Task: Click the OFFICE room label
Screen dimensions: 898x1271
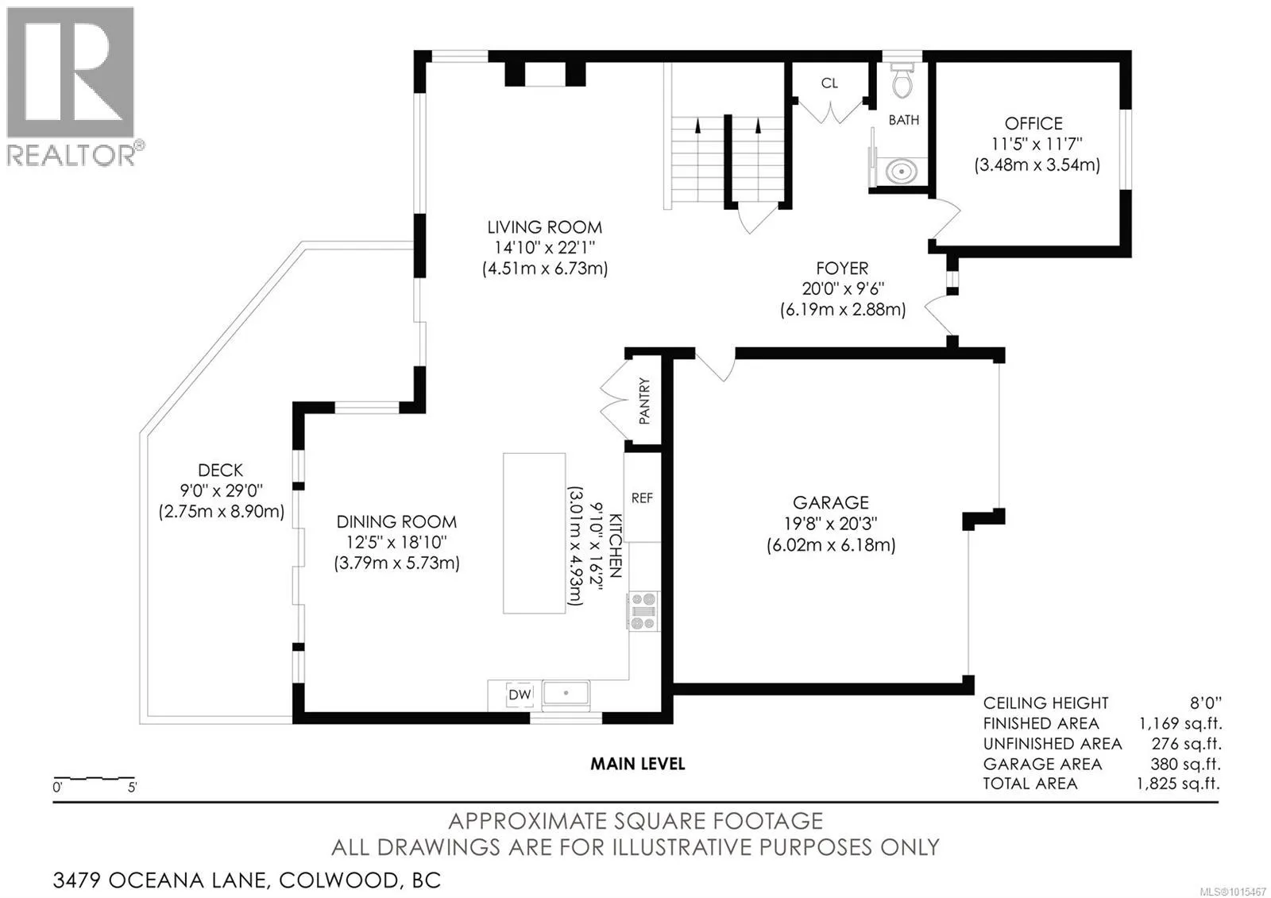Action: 1033,124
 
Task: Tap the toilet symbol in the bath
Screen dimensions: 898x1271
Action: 902,79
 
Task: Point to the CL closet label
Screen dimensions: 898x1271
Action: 829,83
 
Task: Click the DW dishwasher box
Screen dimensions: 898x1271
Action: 520,695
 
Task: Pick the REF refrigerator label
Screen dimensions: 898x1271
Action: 642,498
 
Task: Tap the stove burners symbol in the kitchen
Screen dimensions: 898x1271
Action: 643,611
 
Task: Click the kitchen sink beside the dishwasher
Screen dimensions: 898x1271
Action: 566,694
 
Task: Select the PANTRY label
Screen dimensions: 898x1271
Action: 644,401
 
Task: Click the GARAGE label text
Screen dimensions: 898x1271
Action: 831,503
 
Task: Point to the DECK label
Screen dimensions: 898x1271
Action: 221,470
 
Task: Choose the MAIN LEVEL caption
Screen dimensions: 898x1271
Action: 637,764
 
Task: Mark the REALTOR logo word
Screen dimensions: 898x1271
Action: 71,155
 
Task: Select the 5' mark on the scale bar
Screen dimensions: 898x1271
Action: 132,788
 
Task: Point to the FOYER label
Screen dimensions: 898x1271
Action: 842,269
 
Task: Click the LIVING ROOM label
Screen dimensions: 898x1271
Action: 545,227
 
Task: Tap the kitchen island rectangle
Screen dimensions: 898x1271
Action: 534,532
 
